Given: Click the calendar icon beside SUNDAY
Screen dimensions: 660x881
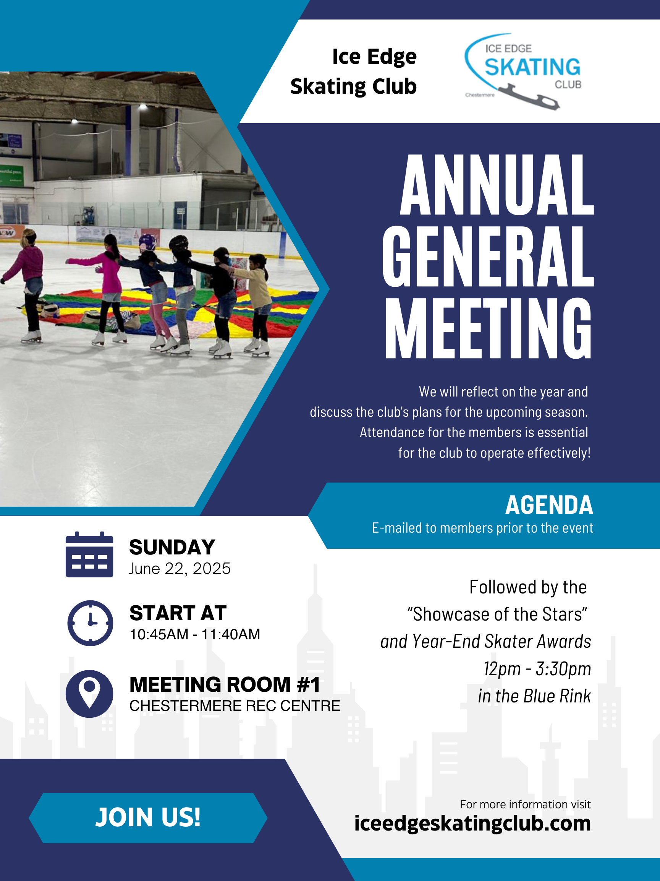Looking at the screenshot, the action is (89, 554).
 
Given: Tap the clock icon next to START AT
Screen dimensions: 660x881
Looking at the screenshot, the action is (90, 623).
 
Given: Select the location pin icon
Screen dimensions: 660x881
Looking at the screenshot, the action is (89, 694).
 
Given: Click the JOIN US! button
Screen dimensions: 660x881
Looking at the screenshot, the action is (148, 818).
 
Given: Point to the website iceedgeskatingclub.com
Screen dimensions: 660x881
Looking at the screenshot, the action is (472, 823).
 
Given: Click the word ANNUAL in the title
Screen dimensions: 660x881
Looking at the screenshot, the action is (497, 185).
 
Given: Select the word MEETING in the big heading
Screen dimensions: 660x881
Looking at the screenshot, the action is (489, 328).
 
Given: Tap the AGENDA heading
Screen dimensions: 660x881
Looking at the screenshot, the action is (549, 505).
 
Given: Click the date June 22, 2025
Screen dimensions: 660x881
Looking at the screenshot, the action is (180, 569).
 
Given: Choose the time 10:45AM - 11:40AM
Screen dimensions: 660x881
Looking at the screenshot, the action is (195, 634).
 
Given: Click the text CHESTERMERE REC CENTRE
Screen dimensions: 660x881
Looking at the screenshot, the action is (235, 706).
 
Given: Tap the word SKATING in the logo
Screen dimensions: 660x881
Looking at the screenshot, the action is (532, 67).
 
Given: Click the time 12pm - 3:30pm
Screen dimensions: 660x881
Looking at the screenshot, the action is (537, 669).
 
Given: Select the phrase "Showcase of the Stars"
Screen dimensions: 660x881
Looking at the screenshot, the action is (497, 614).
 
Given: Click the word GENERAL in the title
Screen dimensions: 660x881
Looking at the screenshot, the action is (488, 257).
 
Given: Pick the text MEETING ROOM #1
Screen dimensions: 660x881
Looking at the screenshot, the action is (225, 684).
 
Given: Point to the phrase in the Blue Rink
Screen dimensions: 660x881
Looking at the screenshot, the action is (534, 696).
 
